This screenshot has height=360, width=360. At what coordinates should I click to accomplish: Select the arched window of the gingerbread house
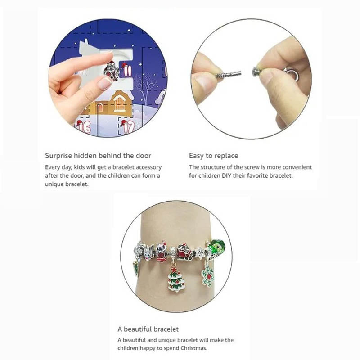119,104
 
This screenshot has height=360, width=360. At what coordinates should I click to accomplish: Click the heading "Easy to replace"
213,156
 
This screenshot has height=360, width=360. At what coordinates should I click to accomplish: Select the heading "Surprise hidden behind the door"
98,156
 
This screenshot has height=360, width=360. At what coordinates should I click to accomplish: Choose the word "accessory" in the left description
146,167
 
